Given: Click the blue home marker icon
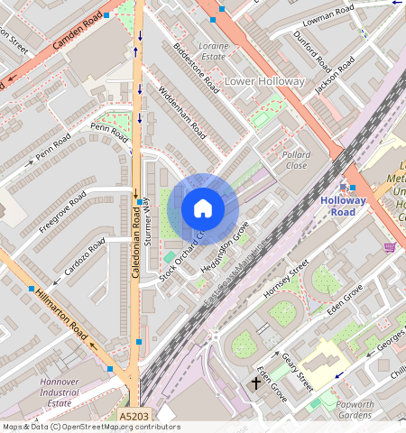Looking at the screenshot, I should (203, 208).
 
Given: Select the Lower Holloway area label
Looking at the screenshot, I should (264, 81).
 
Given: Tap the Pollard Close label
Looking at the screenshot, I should (296, 161).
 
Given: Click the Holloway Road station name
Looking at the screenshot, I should (343, 207).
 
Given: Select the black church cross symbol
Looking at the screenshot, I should (255, 383).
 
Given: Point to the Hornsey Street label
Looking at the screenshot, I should (285, 280).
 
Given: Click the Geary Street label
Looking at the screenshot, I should (296, 371).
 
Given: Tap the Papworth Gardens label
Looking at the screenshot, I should (355, 410).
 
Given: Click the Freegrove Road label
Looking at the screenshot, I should (63, 212).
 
